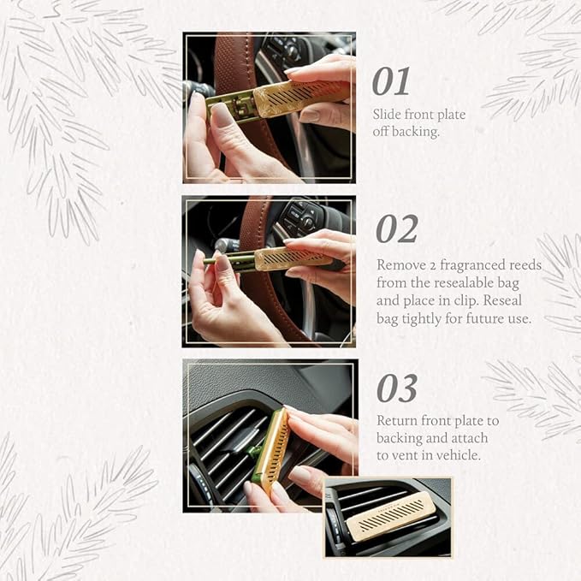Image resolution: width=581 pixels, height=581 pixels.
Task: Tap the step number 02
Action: tap(397, 229)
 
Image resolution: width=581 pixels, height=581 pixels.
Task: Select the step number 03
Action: tap(397, 389)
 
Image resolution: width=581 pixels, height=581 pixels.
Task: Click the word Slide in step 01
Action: tap(388, 114)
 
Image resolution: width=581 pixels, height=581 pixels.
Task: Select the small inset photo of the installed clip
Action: tap(387, 517)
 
